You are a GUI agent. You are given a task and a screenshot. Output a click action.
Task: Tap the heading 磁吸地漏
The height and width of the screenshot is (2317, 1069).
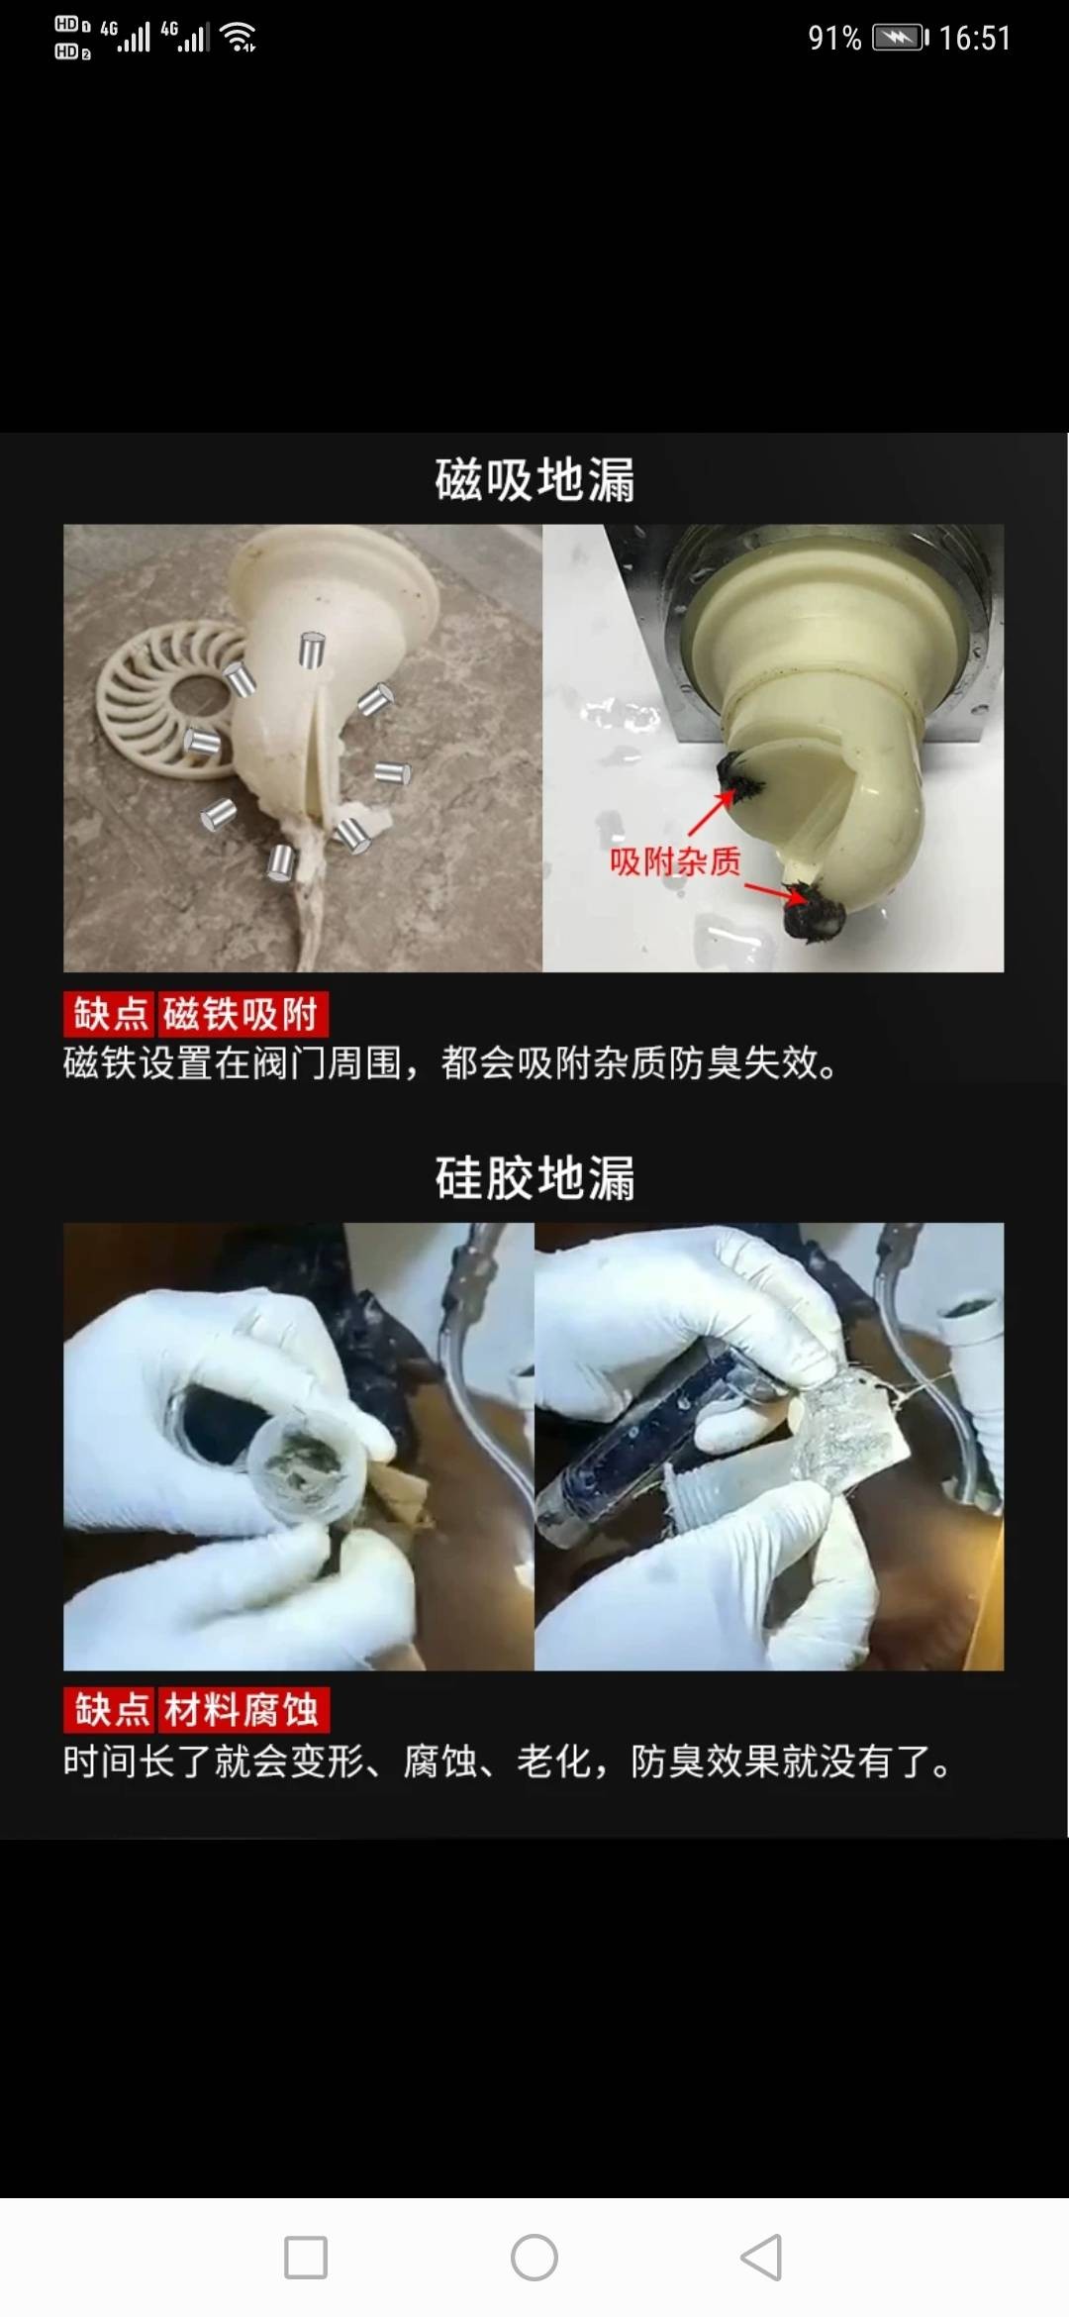click(x=534, y=480)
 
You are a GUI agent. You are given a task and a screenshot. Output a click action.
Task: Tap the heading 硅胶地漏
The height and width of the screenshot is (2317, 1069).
click(x=534, y=1178)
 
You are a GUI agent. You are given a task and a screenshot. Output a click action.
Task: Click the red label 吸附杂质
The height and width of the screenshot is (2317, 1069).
click(x=675, y=861)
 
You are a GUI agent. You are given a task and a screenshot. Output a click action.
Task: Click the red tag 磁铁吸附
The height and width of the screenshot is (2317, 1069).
click(x=242, y=1015)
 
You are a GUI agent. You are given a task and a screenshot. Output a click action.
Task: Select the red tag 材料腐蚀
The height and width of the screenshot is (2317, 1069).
click(x=243, y=1710)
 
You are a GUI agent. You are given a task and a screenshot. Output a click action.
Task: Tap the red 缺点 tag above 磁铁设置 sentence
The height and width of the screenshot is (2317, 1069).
click(x=110, y=1015)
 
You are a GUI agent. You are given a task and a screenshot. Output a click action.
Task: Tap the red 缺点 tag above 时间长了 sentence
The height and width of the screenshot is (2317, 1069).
click(x=110, y=1710)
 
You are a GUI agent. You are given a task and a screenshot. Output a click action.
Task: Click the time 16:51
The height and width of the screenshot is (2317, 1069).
click(x=975, y=38)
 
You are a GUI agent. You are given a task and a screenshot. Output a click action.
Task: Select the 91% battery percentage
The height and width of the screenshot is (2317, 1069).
click(x=834, y=38)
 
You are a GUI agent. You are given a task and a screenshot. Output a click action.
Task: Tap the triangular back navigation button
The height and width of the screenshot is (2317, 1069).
click(x=761, y=2258)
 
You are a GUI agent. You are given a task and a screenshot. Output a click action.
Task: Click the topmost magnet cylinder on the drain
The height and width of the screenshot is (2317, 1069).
click(x=312, y=651)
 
